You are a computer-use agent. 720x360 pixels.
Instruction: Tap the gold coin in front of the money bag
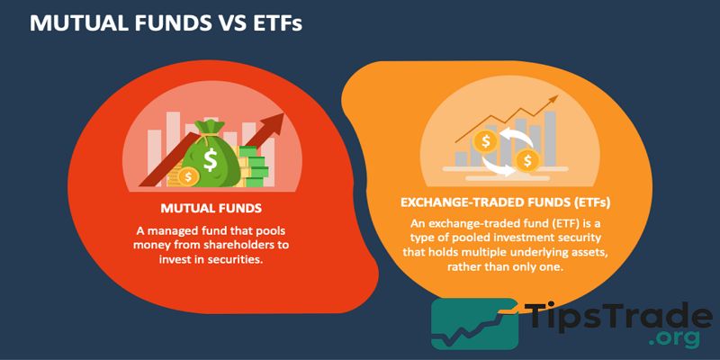pyautogui.click(x=187, y=176)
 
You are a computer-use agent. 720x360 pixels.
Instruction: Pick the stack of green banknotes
pyautogui.click(x=256, y=168)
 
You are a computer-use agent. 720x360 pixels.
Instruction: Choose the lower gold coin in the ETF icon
pyautogui.click(x=527, y=161)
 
